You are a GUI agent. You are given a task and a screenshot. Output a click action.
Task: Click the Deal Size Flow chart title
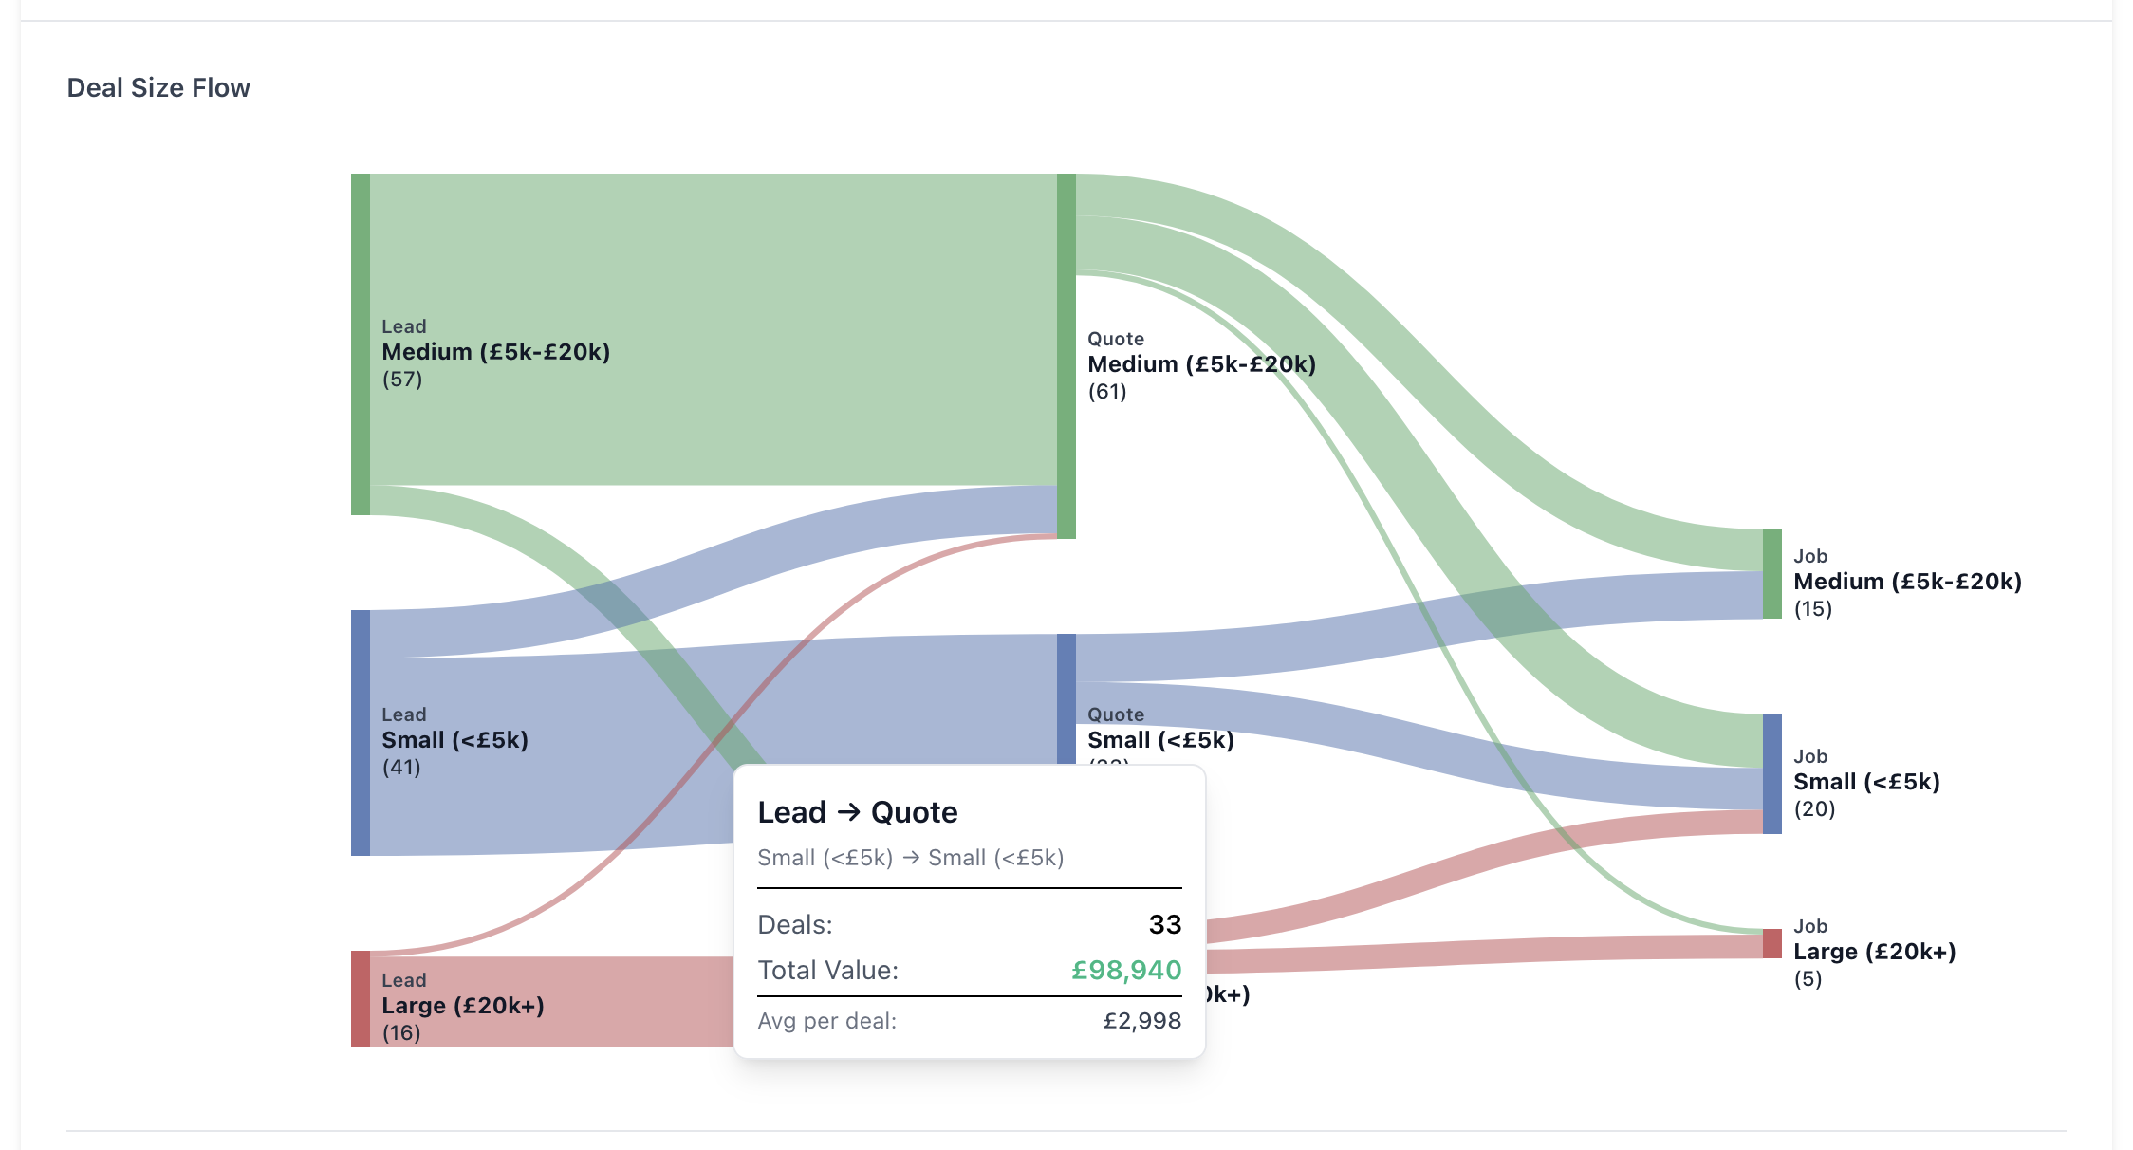pos(158,87)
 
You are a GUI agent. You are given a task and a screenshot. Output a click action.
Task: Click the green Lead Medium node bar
pos(361,343)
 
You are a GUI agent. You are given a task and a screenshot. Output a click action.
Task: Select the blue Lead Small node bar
pos(361,733)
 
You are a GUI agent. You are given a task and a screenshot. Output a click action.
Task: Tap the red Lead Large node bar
pos(361,998)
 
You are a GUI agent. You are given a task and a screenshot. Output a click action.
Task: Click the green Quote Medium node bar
pos(1066,356)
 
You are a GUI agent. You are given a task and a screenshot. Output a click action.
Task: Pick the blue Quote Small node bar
pos(1066,698)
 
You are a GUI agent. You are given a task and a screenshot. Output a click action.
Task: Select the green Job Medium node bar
pos(1771,574)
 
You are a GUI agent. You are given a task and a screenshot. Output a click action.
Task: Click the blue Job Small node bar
pos(1771,773)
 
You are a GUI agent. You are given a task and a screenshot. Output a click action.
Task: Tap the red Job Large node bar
pos(1771,943)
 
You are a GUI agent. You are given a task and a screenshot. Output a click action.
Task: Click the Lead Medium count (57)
pos(402,380)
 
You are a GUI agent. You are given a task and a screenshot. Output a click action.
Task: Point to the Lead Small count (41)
pos(401,768)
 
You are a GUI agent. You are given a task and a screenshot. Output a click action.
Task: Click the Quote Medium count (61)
pos(1107,392)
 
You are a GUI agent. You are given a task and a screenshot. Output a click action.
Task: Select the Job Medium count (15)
pos(1812,609)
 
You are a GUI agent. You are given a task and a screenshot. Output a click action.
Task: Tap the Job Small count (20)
pos(1814,809)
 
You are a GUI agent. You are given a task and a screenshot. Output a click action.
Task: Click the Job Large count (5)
pos(1808,979)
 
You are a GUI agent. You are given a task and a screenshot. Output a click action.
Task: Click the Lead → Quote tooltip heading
pos(858,812)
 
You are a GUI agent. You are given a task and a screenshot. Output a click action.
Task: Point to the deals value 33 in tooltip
pos(1164,924)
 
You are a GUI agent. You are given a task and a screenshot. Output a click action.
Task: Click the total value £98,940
pos(1126,970)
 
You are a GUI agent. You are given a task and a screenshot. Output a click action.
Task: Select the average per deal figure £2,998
pos(1141,1021)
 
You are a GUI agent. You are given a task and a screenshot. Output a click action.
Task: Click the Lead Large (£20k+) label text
pos(463,1006)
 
